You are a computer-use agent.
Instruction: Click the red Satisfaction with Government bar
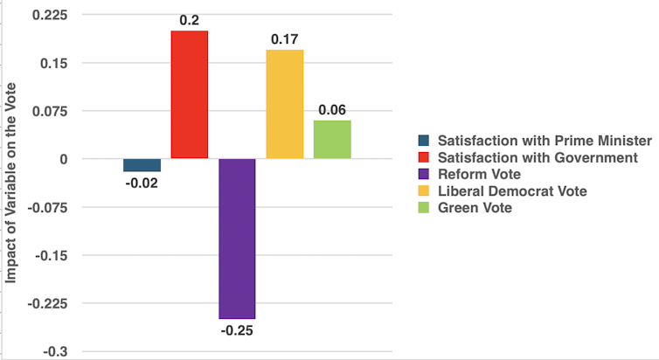pos(190,94)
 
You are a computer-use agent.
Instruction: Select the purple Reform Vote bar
pos(237,239)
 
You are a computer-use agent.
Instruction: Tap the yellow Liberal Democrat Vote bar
pos(285,104)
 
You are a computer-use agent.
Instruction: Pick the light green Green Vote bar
pos(332,140)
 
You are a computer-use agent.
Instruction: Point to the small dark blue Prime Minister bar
pos(142,165)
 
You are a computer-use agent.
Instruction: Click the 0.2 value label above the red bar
pos(190,18)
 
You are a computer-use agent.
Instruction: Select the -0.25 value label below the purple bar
pos(237,331)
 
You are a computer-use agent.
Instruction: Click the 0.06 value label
pos(332,109)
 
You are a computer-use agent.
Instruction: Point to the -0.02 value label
pos(142,183)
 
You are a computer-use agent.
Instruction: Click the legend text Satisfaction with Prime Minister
pos(545,141)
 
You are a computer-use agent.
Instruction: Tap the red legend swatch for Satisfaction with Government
pos(424,157)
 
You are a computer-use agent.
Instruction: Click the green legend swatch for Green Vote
pos(424,207)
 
